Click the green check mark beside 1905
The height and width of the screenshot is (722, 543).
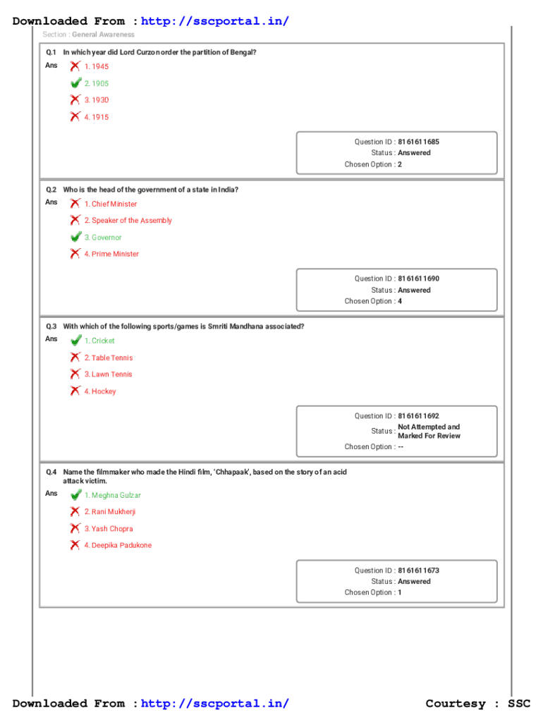(75, 83)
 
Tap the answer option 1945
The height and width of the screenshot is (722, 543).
(97, 66)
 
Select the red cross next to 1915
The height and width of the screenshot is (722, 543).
(75, 117)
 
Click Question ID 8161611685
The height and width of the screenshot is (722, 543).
(418, 142)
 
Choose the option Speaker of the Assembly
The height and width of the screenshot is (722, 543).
(128, 221)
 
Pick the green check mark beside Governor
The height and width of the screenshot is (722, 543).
(75, 238)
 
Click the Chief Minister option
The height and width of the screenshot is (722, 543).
(111, 204)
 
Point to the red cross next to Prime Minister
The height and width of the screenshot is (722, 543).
(75, 254)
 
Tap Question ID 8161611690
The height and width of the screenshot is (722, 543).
(418, 279)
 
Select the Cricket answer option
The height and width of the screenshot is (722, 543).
(99, 341)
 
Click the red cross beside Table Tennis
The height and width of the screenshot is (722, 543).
(75, 357)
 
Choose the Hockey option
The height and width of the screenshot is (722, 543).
(100, 391)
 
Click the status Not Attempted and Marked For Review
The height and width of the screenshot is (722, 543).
(429, 432)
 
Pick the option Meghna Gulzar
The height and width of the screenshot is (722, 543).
(112, 495)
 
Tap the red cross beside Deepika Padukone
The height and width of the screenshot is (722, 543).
(75, 545)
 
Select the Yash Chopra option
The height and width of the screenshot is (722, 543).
(109, 529)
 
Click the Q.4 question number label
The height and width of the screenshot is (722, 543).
(51, 472)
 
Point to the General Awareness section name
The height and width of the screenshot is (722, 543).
(103, 34)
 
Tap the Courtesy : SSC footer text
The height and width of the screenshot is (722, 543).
(477, 703)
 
